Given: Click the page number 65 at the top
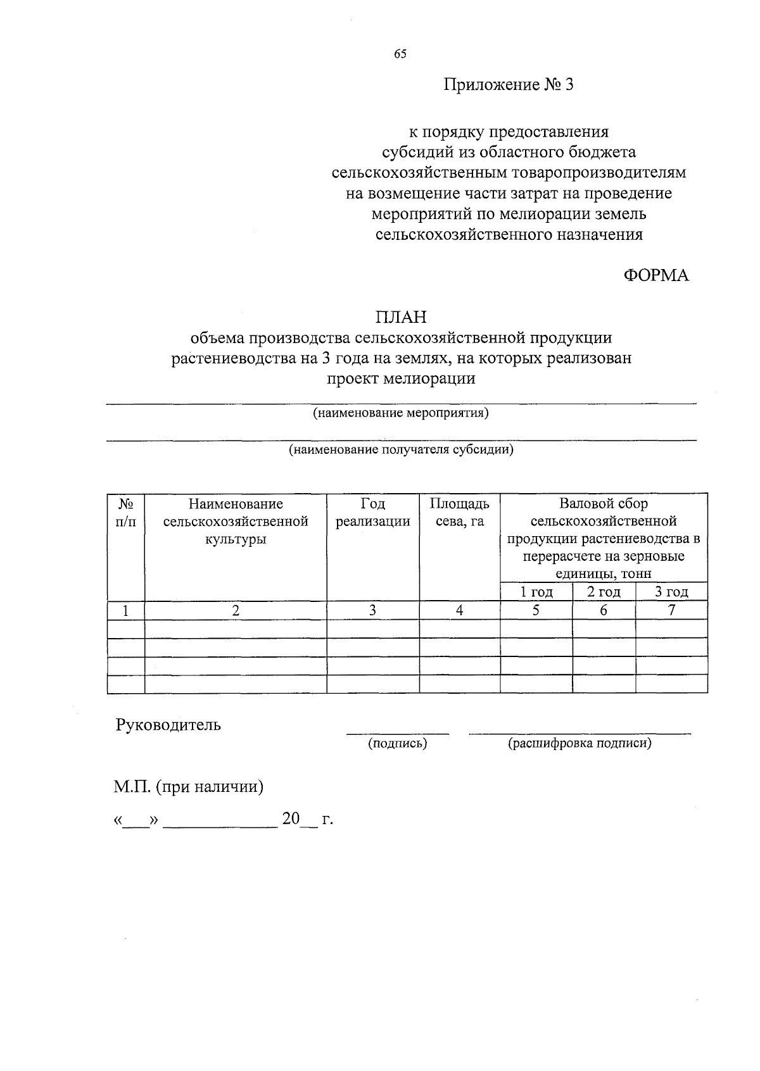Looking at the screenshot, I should pos(400,54).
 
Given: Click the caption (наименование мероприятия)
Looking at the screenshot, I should pos(400,413).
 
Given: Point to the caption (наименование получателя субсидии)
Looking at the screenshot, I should pos(400,450).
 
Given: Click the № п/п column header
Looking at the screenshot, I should pos(126,513).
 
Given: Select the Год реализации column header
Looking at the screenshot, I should pos(372,513).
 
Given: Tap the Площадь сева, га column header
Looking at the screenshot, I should pos(459,513).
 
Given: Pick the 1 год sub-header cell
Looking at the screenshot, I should pos(536,592).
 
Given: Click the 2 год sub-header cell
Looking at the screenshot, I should pos(604,592).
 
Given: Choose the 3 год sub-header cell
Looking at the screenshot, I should pos(671,592).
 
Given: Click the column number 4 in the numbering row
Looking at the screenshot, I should pos(459,611).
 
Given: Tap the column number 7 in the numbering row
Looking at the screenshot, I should pos(671,611).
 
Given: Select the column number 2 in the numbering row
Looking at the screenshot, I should pos(236,611).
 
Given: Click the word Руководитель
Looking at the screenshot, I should pos(168,725).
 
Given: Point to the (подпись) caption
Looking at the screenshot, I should pos(397,744).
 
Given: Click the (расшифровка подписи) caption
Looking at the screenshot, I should pos(579,744).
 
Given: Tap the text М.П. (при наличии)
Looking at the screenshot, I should pos(188,787).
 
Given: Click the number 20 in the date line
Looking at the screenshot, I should pos(291,819).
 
